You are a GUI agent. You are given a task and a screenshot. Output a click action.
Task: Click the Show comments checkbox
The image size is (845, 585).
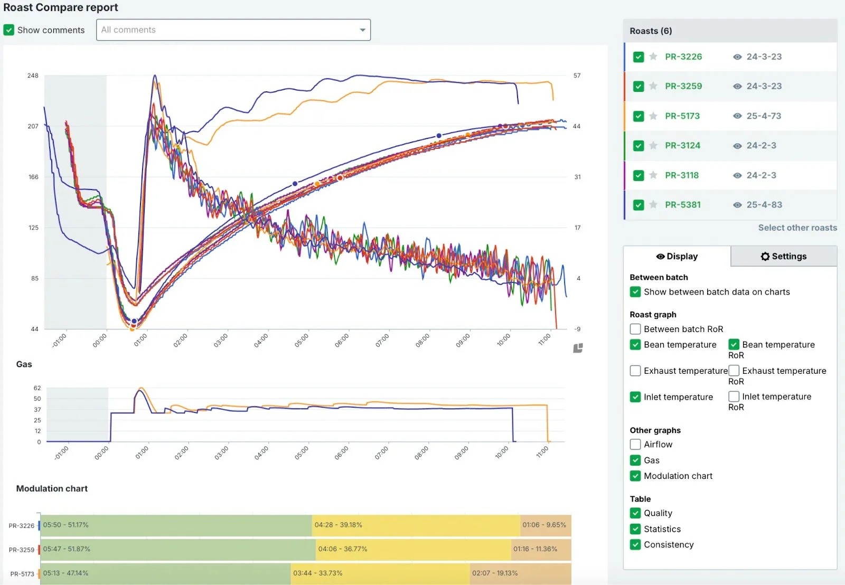9,30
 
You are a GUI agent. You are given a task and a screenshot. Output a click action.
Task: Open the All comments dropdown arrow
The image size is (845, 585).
362,30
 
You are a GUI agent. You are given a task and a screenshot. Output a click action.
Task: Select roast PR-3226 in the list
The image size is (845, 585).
683,56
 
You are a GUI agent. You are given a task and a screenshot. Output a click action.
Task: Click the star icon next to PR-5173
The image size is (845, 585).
653,116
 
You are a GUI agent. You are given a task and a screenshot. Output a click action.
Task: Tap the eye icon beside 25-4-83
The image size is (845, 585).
737,205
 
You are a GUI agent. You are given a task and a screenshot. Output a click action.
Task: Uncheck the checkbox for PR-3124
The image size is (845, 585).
639,146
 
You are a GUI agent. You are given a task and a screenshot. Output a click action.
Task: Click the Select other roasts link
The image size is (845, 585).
797,228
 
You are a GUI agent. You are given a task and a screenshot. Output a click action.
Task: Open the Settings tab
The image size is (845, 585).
783,256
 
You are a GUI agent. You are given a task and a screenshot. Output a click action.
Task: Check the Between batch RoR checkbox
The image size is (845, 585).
635,329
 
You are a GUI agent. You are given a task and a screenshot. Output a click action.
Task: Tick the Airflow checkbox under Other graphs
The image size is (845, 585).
635,445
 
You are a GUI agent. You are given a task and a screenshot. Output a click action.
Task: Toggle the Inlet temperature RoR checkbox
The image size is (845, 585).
734,397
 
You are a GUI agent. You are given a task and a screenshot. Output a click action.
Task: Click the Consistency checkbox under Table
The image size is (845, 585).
635,544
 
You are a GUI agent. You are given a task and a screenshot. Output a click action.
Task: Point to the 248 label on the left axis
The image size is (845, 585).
33,76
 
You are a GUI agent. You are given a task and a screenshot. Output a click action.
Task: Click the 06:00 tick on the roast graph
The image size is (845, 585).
341,340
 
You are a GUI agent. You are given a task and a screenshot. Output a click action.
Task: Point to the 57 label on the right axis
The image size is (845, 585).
577,76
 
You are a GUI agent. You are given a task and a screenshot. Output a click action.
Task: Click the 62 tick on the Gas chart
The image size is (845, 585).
37,388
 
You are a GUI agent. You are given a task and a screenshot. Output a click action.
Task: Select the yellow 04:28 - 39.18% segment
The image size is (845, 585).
416,525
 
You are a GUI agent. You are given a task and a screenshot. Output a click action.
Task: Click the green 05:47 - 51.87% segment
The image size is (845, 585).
177,549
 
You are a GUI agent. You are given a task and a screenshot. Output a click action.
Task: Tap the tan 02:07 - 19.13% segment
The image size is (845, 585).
520,573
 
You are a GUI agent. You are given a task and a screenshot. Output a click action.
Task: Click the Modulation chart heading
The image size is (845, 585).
52,489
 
